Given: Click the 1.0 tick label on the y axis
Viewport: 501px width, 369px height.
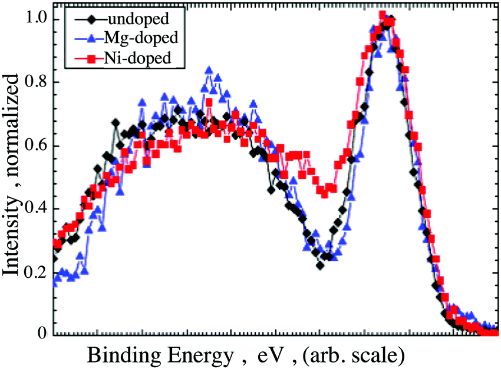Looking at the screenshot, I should pyautogui.click(x=34, y=19).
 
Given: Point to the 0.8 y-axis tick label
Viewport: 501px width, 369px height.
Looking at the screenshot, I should pyautogui.click(x=34, y=82).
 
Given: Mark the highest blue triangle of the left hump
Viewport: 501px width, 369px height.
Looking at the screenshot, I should pyautogui.click(x=209, y=71).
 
